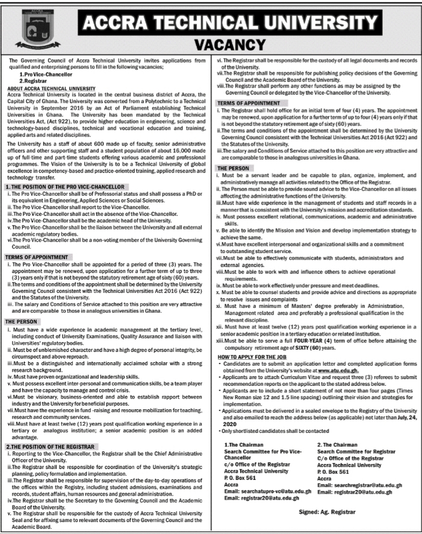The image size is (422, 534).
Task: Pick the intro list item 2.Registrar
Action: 35,81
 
